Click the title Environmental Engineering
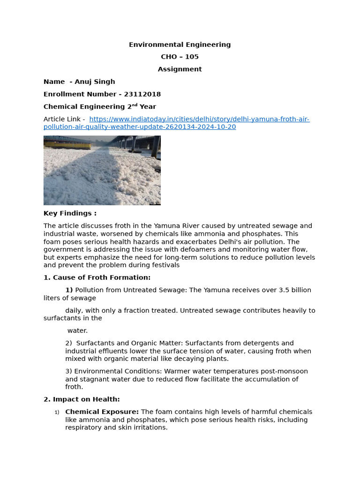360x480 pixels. [180, 45]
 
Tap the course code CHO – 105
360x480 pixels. [180, 57]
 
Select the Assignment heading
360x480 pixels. [180, 69]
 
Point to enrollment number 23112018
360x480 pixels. [142, 94]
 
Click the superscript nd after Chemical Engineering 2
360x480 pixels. [135, 105]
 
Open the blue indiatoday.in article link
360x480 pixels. [199, 119]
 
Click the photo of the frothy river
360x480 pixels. [102, 170]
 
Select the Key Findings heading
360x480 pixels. [70, 213]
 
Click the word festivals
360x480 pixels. [164, 265]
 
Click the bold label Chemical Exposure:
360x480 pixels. [102, 412]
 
